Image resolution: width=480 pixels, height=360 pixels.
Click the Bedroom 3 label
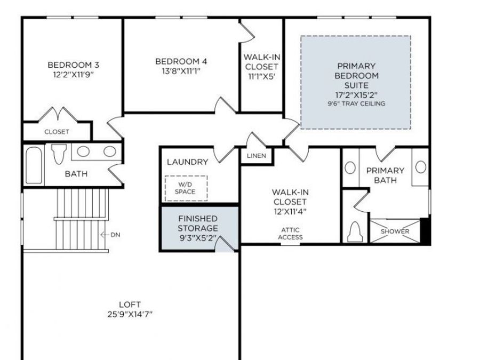[x=73, y=65]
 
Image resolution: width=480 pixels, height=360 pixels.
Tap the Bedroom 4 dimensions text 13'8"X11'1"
[x=181, y=70]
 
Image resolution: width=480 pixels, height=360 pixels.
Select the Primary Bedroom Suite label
[x=356, y=75]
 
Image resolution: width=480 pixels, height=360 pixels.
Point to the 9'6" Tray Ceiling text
[x=356, y=103]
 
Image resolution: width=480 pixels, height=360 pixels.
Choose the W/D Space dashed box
[x=186, y=188]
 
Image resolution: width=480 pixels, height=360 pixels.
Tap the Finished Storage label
[x=197, y=223]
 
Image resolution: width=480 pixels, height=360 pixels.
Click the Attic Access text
[x=291, y=234]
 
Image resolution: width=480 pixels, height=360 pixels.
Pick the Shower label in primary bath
[x=395, y=231]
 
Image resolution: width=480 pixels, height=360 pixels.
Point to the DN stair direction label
[x=115, y=235]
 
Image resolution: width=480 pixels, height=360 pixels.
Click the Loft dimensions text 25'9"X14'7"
[x=130, y=314]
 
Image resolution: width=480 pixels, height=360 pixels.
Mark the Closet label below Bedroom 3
[x=57, y=132]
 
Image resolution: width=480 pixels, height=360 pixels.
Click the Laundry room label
[x=187, y=162]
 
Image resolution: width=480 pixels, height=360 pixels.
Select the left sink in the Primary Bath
[x=350, y=167]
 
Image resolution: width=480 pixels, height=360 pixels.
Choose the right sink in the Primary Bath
[x=421, y=167]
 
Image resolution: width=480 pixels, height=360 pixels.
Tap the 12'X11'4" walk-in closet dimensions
[x=290, y=211]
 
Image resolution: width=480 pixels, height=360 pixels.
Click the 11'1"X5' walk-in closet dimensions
[x=261, y=76]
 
